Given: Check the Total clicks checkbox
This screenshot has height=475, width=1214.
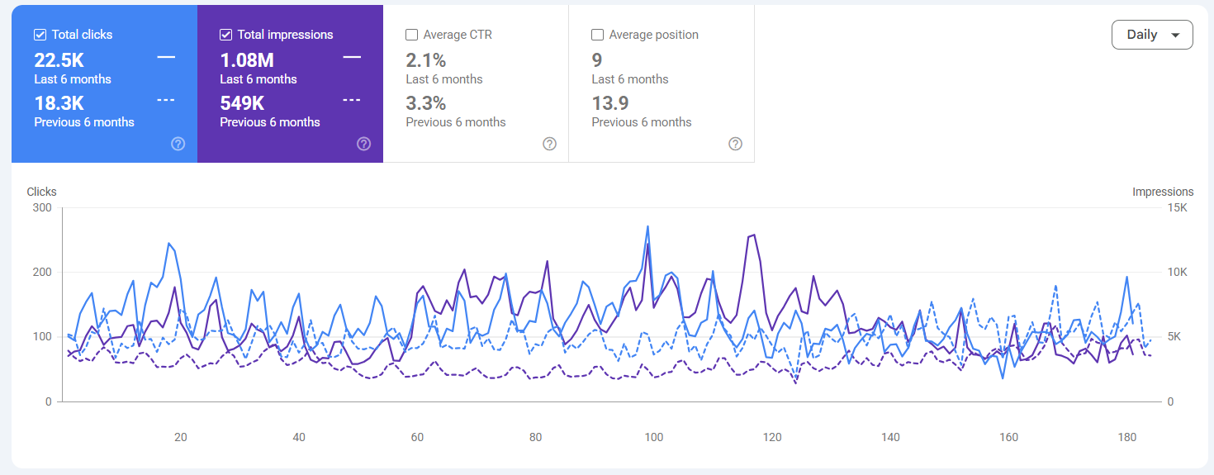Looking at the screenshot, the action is [x=40, y=35].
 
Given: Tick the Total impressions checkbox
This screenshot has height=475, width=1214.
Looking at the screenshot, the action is [x=226, y=35].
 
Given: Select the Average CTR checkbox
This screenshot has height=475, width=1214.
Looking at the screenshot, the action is [x=412, y=35].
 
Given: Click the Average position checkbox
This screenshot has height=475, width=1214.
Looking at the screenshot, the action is [x=597, y=35].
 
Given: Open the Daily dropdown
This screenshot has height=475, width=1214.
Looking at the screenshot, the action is [x=1152, y=35].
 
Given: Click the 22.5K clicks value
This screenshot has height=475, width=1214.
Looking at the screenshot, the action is [x=59, y=60].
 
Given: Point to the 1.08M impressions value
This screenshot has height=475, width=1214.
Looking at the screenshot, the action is [x=247, y=60].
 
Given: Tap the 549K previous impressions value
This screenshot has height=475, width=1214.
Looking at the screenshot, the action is [x=242, y=103].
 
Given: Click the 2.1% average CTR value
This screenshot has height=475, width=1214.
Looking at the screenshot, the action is [x=426, y=60].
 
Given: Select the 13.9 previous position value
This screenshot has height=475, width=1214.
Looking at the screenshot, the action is [x=610, y=103].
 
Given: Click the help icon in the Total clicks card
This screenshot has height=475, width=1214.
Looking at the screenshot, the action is [x=178, y=144].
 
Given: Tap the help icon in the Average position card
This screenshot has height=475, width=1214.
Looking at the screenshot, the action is [x=736, y=144].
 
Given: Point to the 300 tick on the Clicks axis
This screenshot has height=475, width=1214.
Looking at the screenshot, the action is [x=42, y=207].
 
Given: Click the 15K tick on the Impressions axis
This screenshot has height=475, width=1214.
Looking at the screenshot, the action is [x=1177, y=207].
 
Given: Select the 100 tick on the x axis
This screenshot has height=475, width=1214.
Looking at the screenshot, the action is [x=653, y=437].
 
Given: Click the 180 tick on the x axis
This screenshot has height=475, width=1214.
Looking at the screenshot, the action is [x=1127, y=437].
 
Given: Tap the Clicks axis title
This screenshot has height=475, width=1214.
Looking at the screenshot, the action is [x=42, y=192].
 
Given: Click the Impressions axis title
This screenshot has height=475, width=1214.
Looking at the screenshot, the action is [x=1163, y=192].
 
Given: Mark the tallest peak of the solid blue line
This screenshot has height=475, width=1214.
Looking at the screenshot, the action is [x=647, y=226].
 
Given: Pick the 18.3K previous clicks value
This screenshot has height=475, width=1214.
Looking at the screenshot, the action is [x=59, y=103].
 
